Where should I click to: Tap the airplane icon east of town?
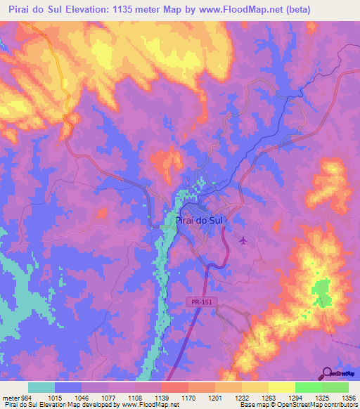pos(243,241)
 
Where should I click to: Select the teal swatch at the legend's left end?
pos(41,387)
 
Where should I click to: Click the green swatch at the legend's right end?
pos(335,387)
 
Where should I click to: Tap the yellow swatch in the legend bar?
pos(282,387)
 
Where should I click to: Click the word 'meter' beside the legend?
pos(9,398)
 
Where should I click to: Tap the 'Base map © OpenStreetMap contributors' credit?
pos(297,405)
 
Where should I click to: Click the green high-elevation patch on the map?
pos(322,291)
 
